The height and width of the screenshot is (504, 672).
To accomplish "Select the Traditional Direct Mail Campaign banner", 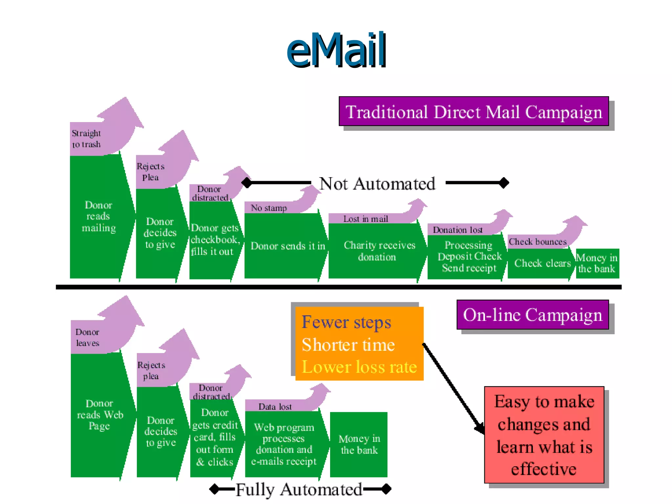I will (x=473, y=112).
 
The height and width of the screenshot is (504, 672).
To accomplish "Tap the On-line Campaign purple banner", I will (x=532, y=315).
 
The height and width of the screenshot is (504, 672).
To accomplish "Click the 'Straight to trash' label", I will (x=86, y=139).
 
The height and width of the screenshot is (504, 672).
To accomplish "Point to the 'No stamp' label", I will (x=269, y=208).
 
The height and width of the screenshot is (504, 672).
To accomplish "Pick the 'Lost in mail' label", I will (x=366, y=219).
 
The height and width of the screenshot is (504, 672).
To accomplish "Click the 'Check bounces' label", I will (x=537, y=242).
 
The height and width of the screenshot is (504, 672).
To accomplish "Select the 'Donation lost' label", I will (x=457, y=230).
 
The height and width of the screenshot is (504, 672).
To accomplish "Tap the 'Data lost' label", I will (x=275, y=407).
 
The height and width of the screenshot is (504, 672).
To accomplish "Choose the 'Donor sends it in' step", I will (x=287, y=246).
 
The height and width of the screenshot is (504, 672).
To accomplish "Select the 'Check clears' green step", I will (x=542, y=263).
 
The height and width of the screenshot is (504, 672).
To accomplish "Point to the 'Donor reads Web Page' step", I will (x=99, y=415).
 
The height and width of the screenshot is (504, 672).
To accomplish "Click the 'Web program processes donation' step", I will (x=284, y=444).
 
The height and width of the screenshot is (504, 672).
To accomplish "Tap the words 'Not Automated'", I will (x=377, y=184).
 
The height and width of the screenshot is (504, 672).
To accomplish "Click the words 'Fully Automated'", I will (x=299, y=490).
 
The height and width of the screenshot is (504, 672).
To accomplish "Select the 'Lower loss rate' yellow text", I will (x=359, y=367).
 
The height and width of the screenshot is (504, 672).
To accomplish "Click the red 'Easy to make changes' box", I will (x=544, y=435).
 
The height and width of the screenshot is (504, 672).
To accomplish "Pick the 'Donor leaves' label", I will (x=87, y=338).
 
